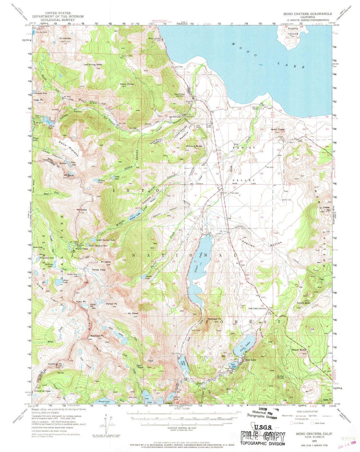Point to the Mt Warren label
[65, 38]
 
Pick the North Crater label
[277, 129]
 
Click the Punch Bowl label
[303, 303]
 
